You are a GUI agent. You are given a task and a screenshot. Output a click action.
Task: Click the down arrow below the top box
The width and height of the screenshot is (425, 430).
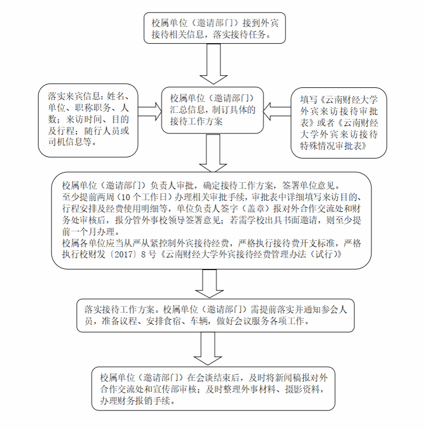[x=214, y=64]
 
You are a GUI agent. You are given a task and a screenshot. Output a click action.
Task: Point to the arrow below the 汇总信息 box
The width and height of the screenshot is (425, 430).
[x=214, y=153]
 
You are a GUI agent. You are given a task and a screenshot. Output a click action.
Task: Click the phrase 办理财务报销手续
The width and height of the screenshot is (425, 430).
[x=136, y=401]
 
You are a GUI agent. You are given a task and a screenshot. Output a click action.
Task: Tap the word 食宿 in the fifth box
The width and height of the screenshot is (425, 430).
[x=173, y=321]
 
